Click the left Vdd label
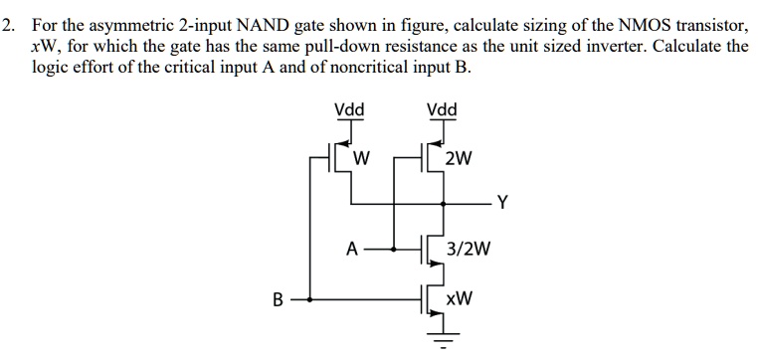[348, 109]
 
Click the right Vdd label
[440, 109]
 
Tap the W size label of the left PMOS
[362, 158]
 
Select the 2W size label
[460, 158]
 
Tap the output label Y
[502, 206]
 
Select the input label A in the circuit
[350, 250]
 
